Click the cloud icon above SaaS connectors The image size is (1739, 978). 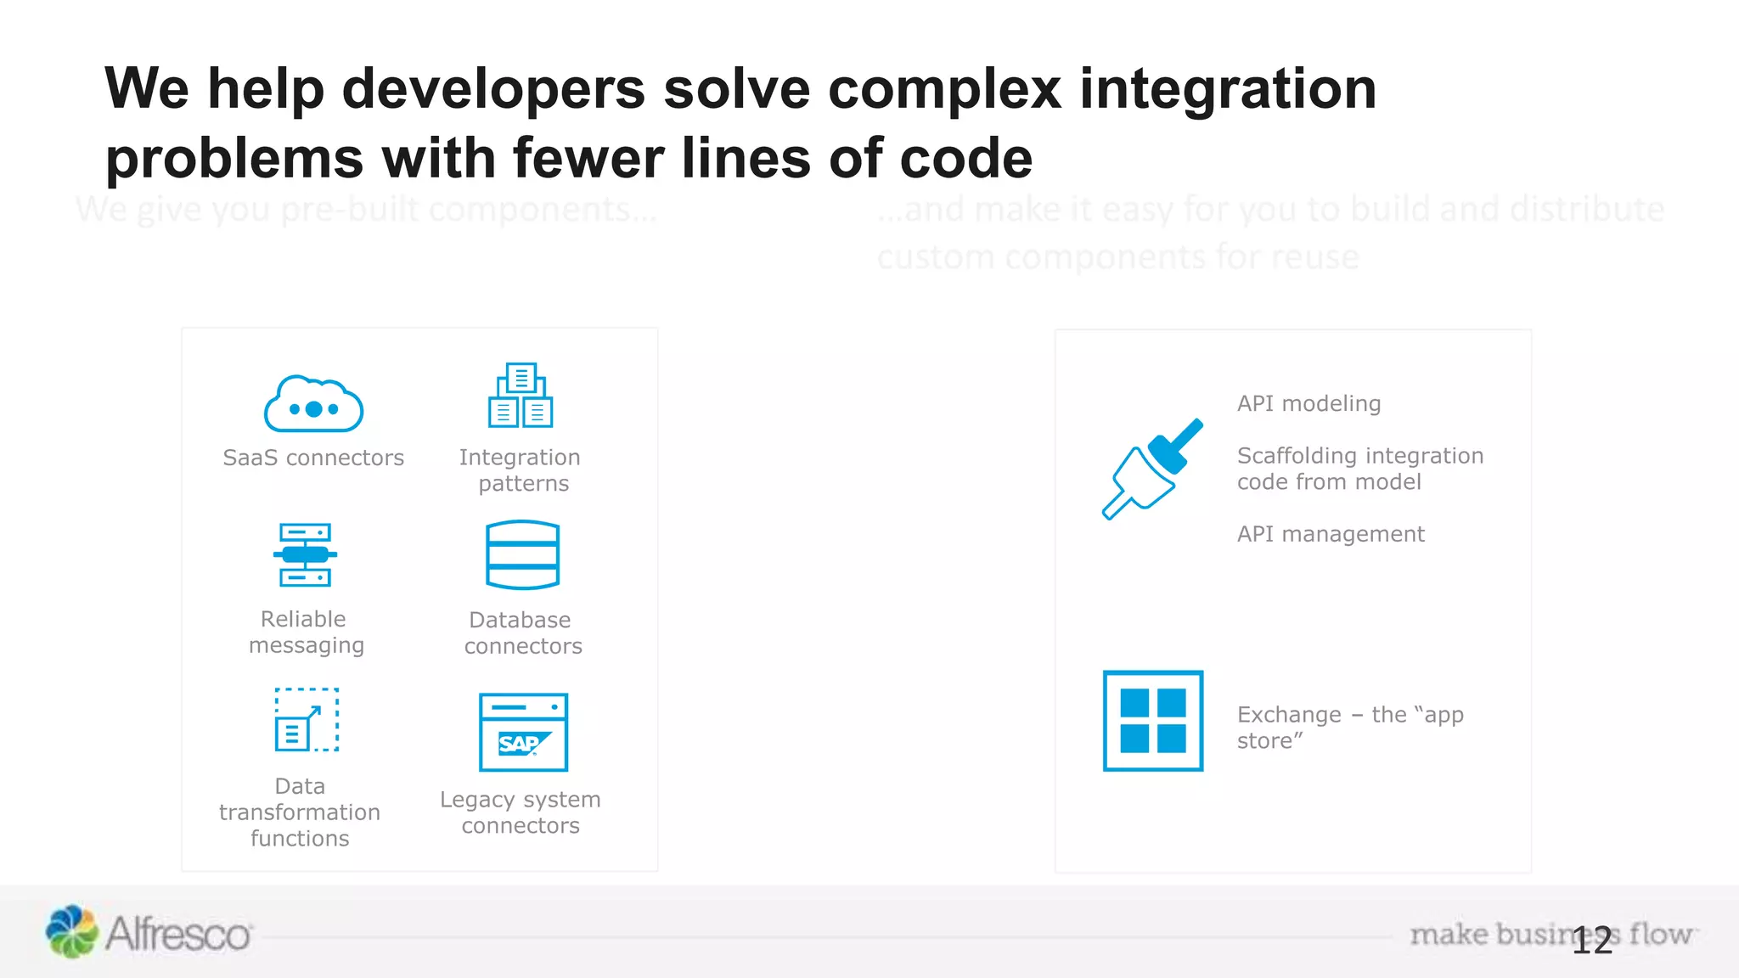[313, 405]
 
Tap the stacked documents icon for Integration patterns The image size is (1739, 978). [521, 396]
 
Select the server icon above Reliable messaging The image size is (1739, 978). [305, 555]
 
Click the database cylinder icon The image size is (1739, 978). [522, 555]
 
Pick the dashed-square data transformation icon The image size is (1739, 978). [307, 720]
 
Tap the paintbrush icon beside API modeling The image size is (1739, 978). [1152, 469]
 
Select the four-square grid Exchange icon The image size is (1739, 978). [1152, 721]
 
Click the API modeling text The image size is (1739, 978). [1308, 403]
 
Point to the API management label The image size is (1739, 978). [1331, 534]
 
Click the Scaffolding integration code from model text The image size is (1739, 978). [1359, 469]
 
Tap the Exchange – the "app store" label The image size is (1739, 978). [1349, 728]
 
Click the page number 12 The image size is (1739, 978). [1591, 941]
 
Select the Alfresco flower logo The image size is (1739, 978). [71, 932]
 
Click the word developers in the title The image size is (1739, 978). [492, 89]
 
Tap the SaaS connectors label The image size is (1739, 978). [313, 458]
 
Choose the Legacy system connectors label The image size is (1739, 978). [521, 812]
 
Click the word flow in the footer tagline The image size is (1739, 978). [1660, 934]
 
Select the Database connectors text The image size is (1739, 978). [522, 633]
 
